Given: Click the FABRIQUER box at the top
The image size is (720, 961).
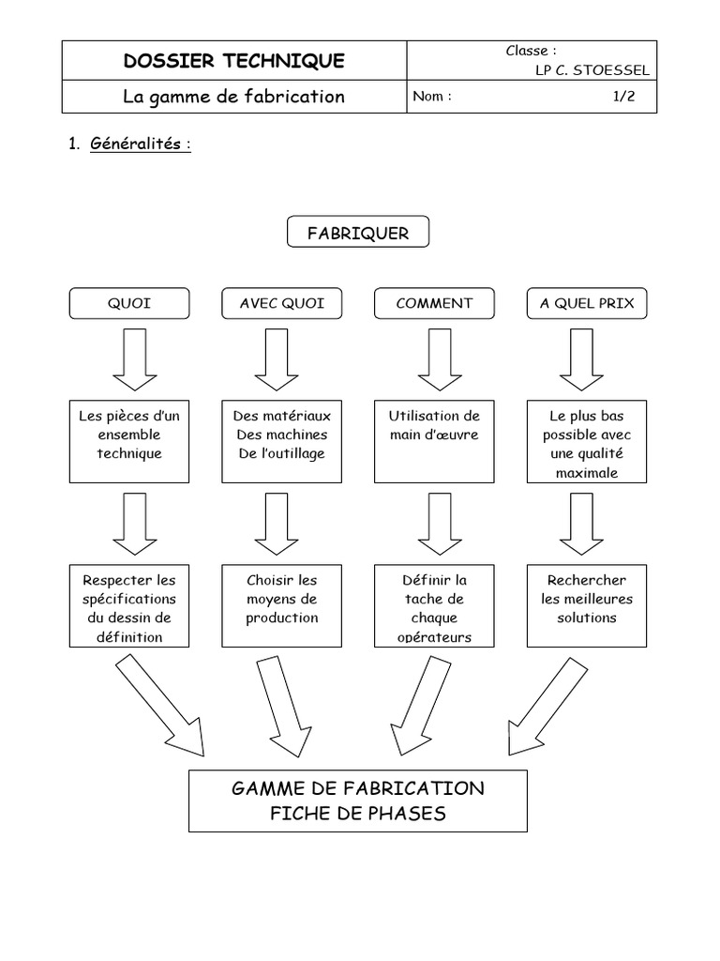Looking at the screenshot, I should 358,233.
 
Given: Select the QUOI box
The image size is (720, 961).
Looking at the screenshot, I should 129,304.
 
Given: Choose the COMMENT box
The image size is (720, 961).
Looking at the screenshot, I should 434,304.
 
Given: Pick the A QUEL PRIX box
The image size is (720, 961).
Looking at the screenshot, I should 587,304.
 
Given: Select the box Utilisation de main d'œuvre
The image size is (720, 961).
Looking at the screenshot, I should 434,442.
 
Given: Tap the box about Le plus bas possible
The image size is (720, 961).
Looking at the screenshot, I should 587,442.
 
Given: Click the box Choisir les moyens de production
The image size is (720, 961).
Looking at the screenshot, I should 282,605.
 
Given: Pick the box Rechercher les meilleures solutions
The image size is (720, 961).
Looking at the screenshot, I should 587,605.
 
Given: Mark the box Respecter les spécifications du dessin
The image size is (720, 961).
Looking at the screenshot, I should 129,605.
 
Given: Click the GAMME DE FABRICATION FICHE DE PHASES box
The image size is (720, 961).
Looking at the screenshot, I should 358,801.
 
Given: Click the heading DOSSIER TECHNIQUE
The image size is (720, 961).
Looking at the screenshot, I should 234,62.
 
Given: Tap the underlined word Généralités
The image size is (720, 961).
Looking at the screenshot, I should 141,145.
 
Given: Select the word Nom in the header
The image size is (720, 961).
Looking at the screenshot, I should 429,97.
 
